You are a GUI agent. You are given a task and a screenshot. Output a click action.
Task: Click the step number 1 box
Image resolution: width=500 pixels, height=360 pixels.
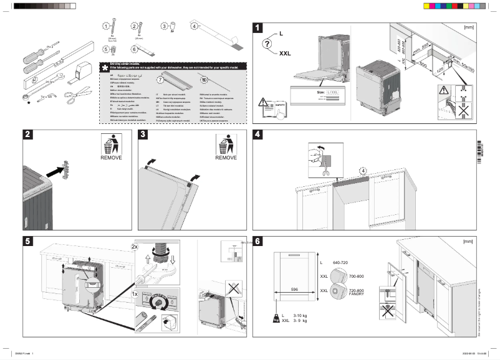coord(258,27)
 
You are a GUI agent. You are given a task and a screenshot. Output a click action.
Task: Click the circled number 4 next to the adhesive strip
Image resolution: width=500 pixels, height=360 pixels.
coord(194,27)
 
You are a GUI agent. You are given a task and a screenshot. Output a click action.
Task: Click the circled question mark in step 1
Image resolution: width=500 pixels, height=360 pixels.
coord(267,44)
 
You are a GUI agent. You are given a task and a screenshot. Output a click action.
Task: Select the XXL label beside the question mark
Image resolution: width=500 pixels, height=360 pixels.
coord(285,54)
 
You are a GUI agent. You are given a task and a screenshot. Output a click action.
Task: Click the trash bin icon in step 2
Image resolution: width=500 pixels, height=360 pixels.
coord(111,144)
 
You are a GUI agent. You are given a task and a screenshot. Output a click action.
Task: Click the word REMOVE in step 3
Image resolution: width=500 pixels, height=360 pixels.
coord(226,158)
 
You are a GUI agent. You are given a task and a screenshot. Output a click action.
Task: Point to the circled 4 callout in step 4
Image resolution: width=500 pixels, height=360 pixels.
coord(362,170)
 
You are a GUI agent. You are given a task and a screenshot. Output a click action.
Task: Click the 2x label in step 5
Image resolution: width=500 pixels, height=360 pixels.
coord(135,246)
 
